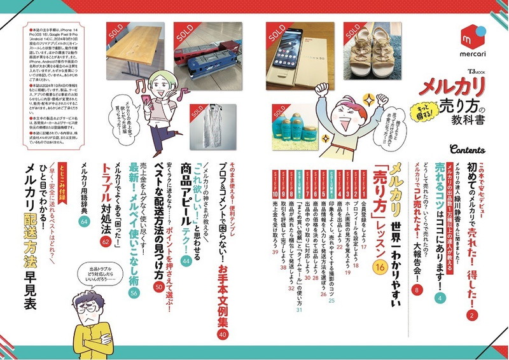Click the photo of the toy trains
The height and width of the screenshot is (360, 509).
[211, 53]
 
